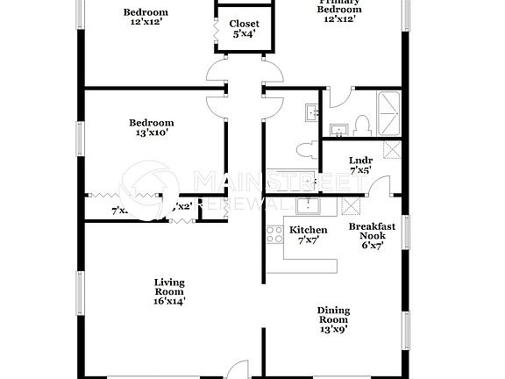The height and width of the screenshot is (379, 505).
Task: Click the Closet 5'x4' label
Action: [243, 29]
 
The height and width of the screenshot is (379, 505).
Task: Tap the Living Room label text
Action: [169, 291]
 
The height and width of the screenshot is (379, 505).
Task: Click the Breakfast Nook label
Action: [372, 235]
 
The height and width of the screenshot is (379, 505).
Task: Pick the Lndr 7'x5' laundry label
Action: [360, 164]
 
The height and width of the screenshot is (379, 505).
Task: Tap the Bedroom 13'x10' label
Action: [151, 128]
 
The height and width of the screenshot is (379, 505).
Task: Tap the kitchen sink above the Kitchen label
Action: [307, 206]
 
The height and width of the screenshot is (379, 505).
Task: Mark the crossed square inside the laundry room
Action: [391, 149]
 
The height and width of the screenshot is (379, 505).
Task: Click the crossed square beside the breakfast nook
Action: [352, 206]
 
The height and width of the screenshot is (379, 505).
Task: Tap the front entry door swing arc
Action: [236, 370]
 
